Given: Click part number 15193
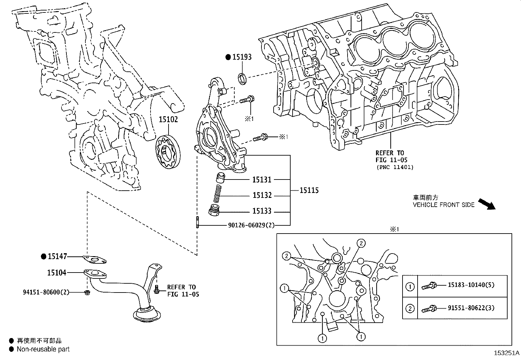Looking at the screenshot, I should (x=242, y=57).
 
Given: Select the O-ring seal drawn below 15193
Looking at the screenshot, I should (x=243, y=79).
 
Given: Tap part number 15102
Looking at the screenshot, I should (x=168, y=120).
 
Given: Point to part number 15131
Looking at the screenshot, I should (x=262, y=180).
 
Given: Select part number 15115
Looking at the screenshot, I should (x=309, y=190).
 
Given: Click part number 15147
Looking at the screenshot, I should (x=57, y=256).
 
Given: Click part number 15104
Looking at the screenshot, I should (x=57, y=273).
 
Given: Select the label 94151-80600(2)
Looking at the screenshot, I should (x=46, y=292).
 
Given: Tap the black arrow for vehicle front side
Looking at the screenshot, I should (x=487, y=203).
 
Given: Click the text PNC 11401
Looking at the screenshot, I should (x=394, y=167).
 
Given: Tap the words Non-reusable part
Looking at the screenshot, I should (x=43, y=349).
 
